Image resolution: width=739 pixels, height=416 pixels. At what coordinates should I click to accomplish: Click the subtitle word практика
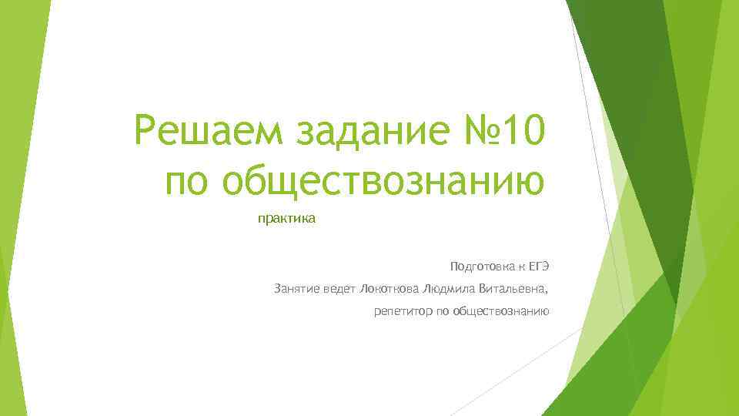[x=286, y=220]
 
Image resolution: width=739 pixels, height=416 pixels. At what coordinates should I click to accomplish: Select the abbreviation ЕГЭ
[x=538, y=267]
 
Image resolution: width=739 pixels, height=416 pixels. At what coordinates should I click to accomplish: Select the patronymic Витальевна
[x=511, y=290]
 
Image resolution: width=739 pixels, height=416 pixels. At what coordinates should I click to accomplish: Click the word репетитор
[x=400, y=312]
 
